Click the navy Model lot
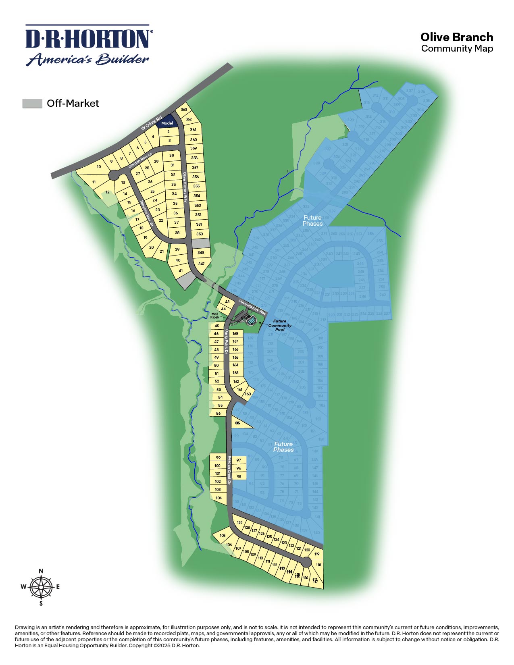pos(167,123)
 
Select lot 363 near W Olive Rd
pos(184,110)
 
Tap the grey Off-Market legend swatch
pos(32,103)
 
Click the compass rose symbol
pos(41,587)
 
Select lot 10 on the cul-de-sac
pos(99,167)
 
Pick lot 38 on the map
pos(177,233)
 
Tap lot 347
pos(201,264)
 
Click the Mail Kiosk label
pos(215,315)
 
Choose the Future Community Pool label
pos(279,325)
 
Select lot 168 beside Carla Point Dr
pos(235,333)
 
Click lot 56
pos(218,414)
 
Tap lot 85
pos(238,423)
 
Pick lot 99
pos(218,457)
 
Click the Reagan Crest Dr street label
pos(229,470)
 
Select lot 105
pos(223,536)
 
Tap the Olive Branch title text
pos(456,37)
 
